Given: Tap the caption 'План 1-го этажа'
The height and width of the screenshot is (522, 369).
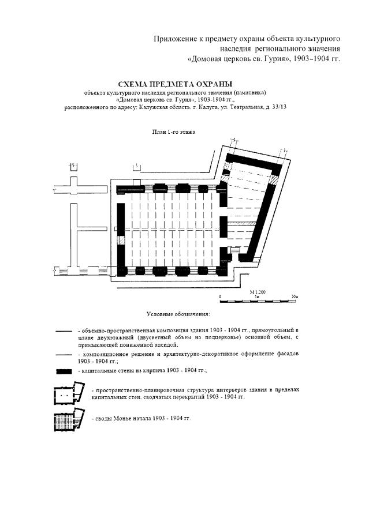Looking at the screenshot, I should pyautogui.click(x=173, y=132).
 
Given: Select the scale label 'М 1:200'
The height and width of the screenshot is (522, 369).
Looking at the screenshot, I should pyautogui.click(x=258, y=292).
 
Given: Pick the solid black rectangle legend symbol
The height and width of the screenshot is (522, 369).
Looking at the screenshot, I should pyautogui.click(x=64, y=370).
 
